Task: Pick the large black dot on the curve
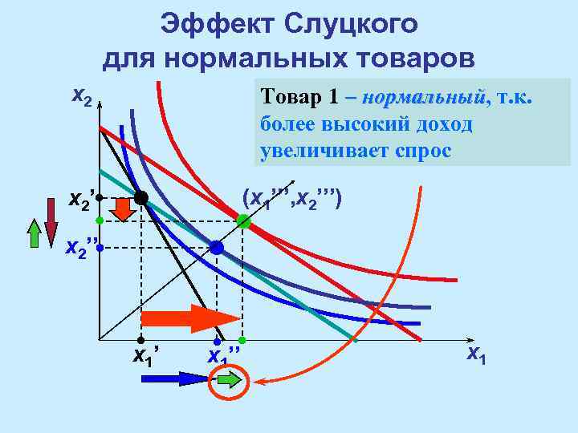(141, 197)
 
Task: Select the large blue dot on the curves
(217, 248)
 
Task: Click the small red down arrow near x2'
(123, 208)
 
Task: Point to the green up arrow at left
(34, 233)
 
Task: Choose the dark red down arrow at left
(51, 230)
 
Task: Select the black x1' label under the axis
(147, 354)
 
